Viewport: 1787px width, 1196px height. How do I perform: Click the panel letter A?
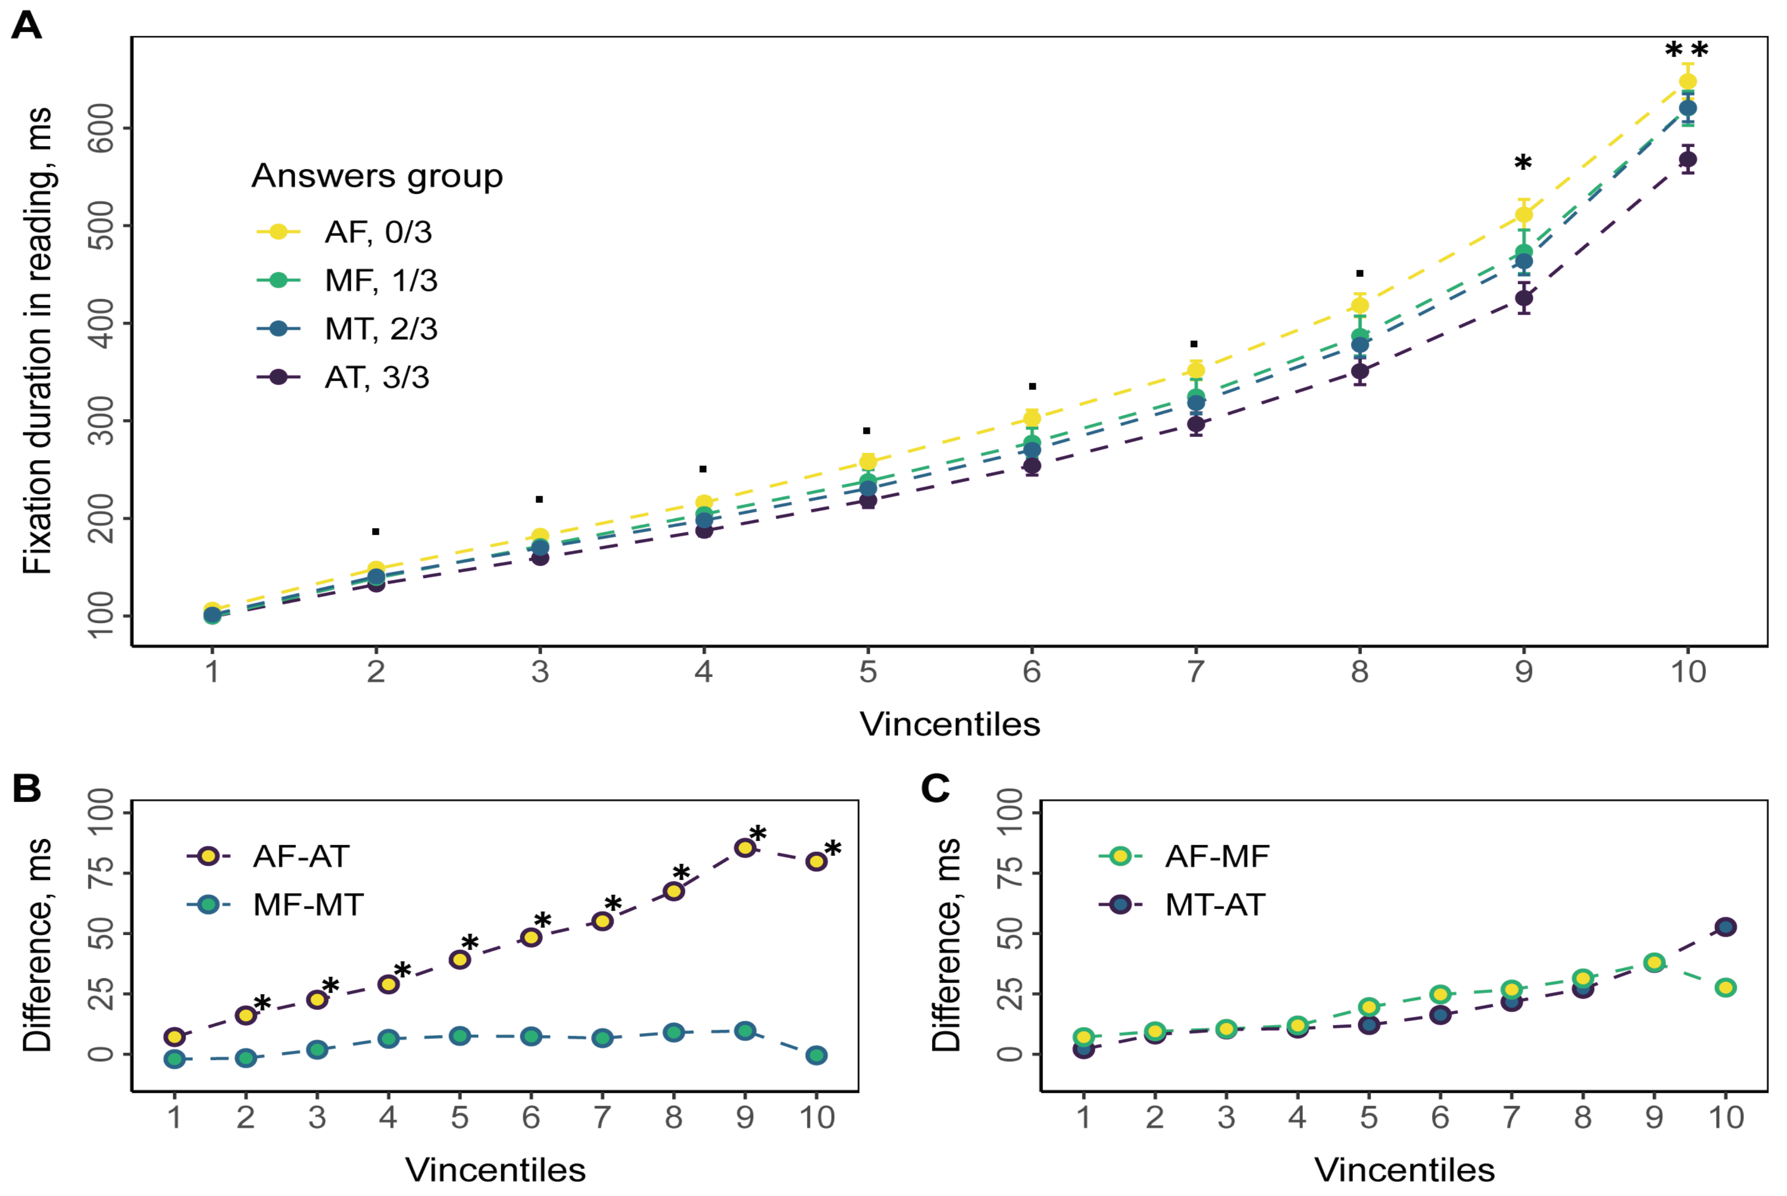pos(27,26)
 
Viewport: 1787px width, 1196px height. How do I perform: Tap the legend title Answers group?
pos(377,176)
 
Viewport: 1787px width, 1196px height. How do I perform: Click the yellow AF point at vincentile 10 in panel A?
pos(1687,82)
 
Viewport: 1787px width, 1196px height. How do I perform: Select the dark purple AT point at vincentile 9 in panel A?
pos(1523,298)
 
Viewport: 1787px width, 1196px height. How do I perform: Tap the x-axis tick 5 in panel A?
pos(867,672)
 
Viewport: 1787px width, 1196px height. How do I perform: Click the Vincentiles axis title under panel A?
pos(950,724)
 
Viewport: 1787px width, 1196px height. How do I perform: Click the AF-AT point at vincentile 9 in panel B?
pos(744,848)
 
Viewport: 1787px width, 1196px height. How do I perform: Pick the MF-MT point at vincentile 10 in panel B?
pos(816,1056)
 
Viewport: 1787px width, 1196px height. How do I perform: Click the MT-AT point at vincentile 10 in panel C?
pos(1725,927)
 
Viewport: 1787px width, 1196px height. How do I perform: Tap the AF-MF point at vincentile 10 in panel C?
pos(1725,988)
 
